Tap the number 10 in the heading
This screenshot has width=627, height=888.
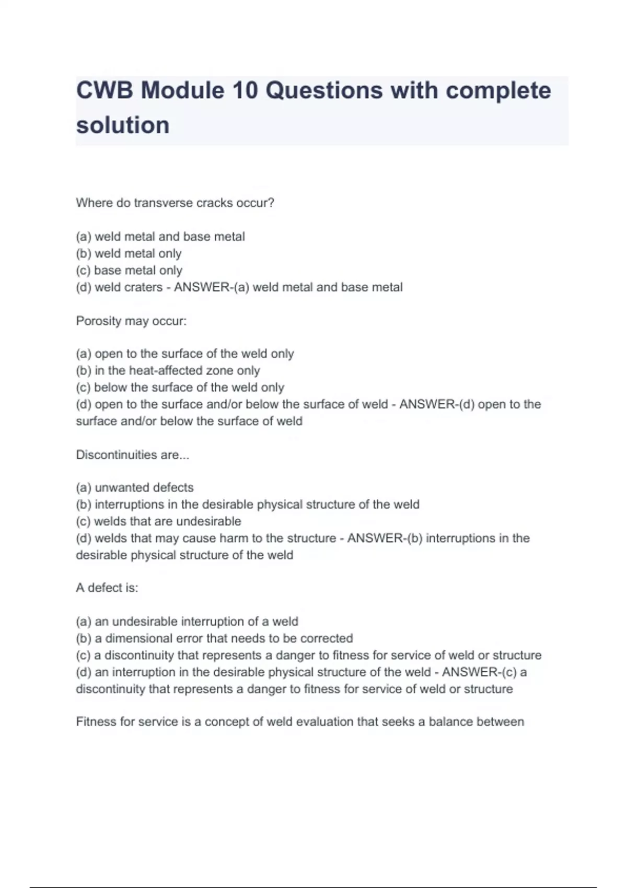click(x=245, y=90)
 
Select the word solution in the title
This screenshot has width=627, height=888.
click(x=123, y=125)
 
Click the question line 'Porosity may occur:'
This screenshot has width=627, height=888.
click(x=131, y=321)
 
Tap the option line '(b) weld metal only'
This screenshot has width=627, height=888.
click(x=129, y=253)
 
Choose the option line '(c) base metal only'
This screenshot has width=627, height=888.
click(x=129, y=271)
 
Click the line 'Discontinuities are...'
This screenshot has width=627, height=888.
click(x=133, y=455)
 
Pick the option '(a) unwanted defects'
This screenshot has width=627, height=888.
click(x=135, y=487)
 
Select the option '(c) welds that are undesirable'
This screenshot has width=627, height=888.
click(x=158, y=521)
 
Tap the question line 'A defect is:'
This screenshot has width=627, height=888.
click(x=107, y=588)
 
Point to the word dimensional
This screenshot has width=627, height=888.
click(x=138, y=638)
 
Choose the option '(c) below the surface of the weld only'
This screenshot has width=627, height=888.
click(x=180, y=388)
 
